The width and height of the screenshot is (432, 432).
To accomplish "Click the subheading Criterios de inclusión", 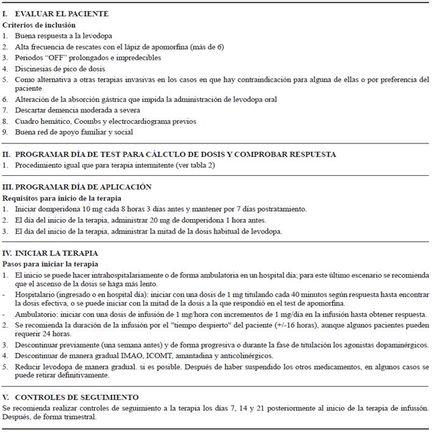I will pos(39,25).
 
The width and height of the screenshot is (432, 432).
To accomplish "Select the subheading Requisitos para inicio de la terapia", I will pos(61,198).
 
